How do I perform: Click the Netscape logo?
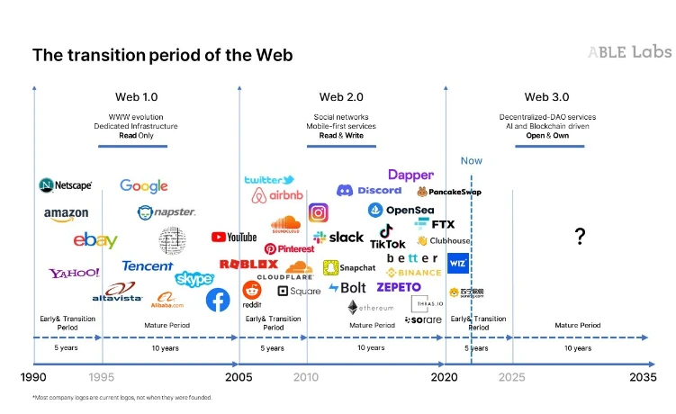pyautogui.click(x=66, y=185)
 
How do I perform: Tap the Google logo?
pyautogui.click(x=144, y=185)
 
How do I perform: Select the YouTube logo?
pyautogui.click(x=234, y=237)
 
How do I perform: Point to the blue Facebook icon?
pyautogui.click(x=218, y=300)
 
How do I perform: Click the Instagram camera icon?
pyautogui.click(x=319, y=212)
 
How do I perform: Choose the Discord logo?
pyautogui.click(x=369, y=190)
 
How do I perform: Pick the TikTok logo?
pyautogui.click(x=387, y=237)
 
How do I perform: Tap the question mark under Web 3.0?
pyautogui.click(x=581, y=237)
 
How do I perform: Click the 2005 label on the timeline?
pyautogui.click(x=239, y=377)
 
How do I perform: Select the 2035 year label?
pyautogui.click(x=643, y=377)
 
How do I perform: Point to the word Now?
pyautogui.click(x=471, y=161)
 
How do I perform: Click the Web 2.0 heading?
pyautogui.click(x=341, y=97)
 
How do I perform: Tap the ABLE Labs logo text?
pyautogui.click(x=629, y=52)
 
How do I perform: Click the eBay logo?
pyautogui.click(x=95, y=240)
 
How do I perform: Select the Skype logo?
pyautogui.click(x=194, y=279)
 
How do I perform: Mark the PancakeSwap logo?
pyautogui.click(x=451, y=192)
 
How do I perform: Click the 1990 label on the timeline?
pyautogui.click(x=33, y=377)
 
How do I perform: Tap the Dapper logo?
pyautogui.click(x=410, y=175)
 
